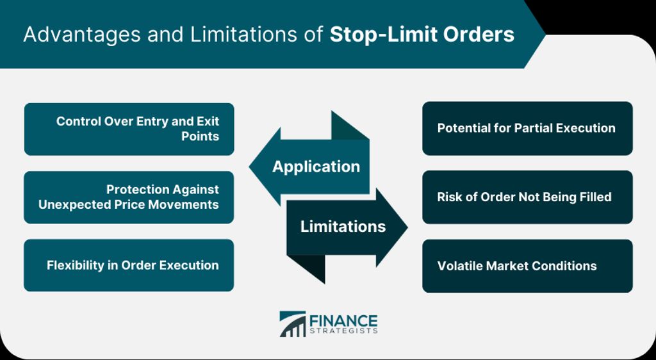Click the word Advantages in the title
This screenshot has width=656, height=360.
tap(81, 35)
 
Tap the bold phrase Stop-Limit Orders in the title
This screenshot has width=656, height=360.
tap(422, 35)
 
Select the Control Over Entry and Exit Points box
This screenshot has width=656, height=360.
tap(129, 129)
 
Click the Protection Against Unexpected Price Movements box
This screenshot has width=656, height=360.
tap(129, 197)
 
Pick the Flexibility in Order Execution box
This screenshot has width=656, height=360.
tap(129, 265)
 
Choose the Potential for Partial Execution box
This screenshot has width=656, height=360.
tap(527, 128)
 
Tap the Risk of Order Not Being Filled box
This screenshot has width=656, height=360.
tap(527, 197)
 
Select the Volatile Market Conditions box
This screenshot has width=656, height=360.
tap(527, 266)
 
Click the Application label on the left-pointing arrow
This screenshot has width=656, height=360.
tap(316, 167)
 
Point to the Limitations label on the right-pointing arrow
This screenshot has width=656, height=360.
tap(343, 227)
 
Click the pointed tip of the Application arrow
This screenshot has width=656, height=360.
tap(250, 167)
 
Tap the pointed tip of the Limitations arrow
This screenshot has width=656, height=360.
tap(407, 227)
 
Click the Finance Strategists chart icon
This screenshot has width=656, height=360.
tap(292, 323)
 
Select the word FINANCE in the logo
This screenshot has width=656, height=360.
tap(343, 321)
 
